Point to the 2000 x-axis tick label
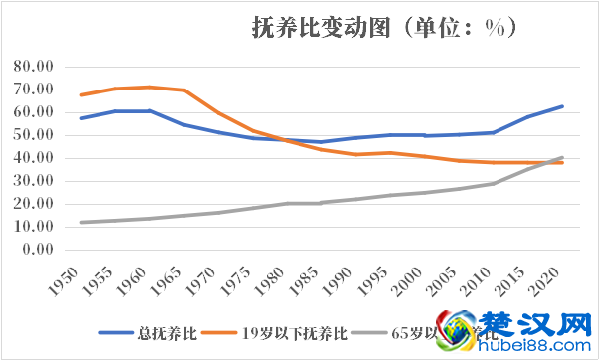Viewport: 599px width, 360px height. [x=417, y=282]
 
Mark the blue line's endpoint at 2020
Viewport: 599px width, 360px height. [x=562, y=106]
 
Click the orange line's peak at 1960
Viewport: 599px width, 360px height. [x=150, y=87]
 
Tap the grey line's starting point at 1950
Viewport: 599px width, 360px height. [x=81, y=222]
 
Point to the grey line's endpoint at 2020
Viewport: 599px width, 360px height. [x=562, y=157]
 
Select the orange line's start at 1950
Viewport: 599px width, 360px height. [x=81, y=95]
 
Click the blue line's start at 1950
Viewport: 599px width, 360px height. [x=81, y=118]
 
